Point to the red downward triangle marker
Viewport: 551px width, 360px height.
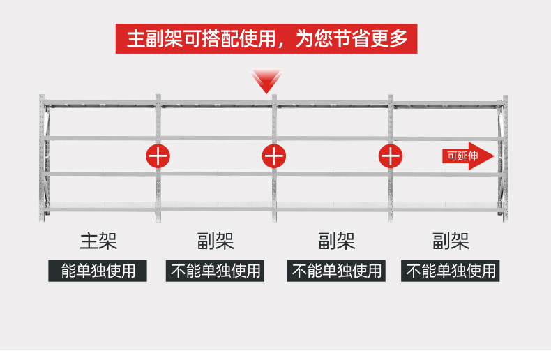coord(266,81)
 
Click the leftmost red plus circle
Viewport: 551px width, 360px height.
coord(158,156)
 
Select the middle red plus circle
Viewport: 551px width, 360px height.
coord(274,156)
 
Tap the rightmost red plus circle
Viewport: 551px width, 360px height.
coord(391,156)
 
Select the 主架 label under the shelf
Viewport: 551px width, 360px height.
coord(98,241)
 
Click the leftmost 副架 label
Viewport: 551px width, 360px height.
coord(216,241)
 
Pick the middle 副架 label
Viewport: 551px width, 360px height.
coord(337,241)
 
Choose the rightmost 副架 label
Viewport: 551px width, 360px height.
coord(451,241)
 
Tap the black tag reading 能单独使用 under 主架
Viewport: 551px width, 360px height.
coord(98,270)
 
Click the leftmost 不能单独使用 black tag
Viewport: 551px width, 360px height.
coord(216,270)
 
